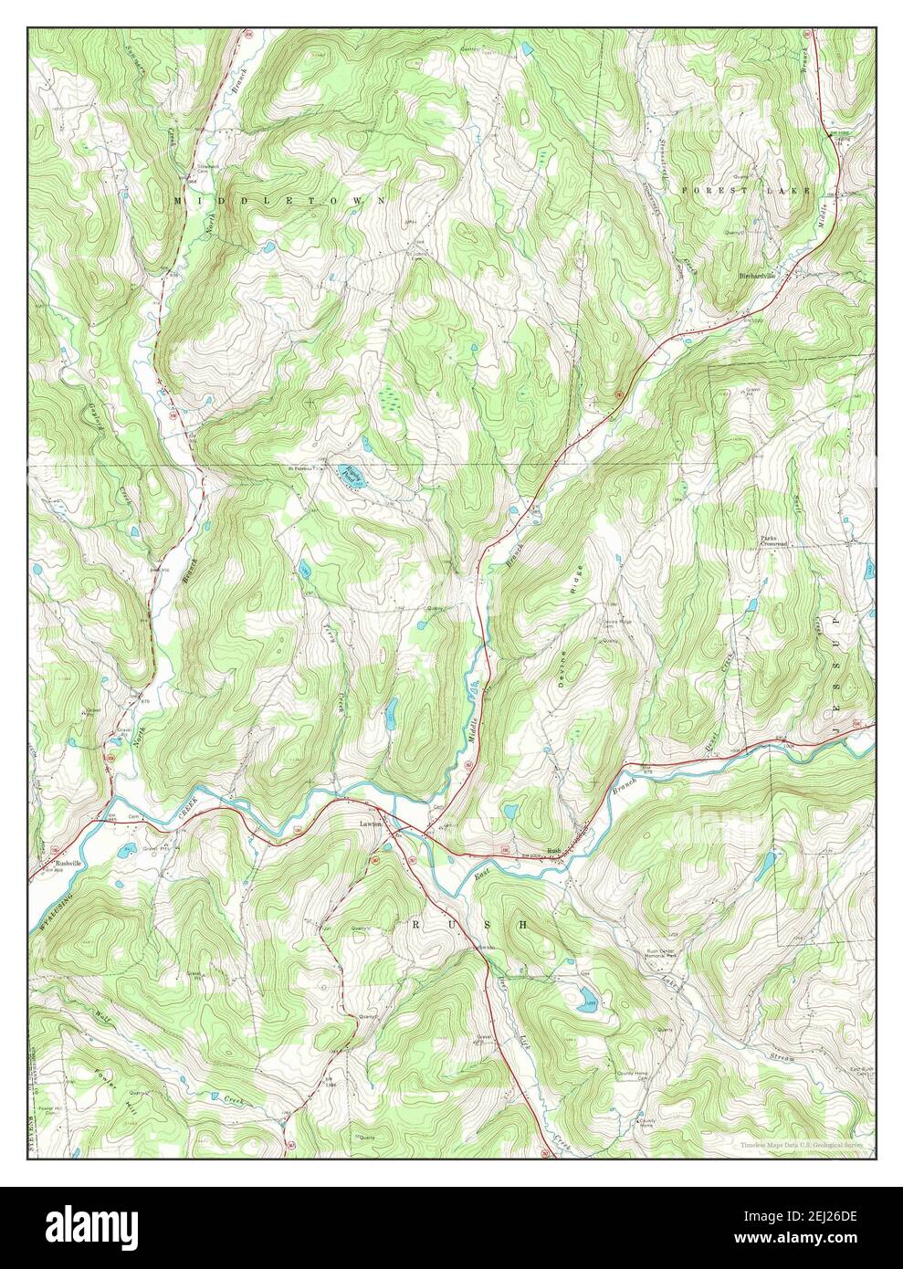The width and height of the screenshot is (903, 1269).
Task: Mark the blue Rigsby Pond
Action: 351,475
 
